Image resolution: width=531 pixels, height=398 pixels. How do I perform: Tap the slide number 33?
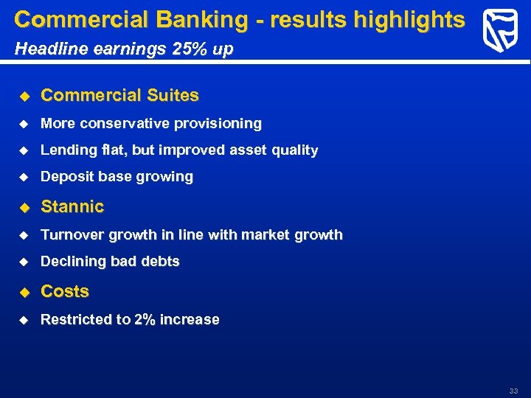(513, 391)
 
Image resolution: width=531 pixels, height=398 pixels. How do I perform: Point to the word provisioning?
(218, 123)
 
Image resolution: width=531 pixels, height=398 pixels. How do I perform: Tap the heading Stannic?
(72, 207)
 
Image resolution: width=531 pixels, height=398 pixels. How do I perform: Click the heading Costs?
(65, 292)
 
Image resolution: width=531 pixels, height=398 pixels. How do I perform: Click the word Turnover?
(72, 235)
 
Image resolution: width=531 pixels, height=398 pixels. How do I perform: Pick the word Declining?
(72, 262)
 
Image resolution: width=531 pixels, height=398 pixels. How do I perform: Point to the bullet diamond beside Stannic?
(24, 207)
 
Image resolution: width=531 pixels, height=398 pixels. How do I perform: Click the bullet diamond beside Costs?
(24, 292)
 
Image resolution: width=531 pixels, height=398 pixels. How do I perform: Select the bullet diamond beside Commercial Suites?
(24, 96)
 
